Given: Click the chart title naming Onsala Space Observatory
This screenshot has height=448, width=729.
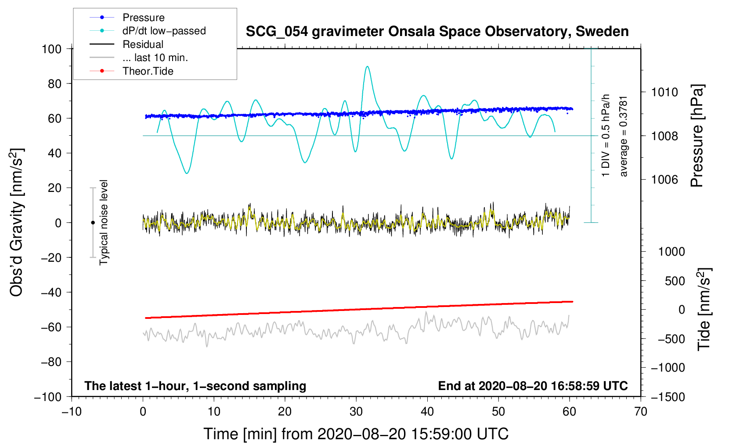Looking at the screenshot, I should pyautogui.click(x=437, y=32).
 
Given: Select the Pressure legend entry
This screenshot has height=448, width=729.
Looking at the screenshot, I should pyautogui.click(x=143, y=18).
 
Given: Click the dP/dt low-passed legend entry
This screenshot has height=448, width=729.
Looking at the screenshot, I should pyautogui.click(x=164, y=31).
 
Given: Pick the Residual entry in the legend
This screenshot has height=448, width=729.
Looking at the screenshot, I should pyautogui.click(x=143, y=44).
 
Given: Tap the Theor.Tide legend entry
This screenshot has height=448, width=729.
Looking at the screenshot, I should pyautogui.click(x=148, y=71).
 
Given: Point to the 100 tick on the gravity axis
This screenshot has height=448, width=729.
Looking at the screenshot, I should pyautogui.click(x=51, y=49).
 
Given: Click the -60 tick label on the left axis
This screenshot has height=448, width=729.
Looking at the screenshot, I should pyautogui.click(x=51, y=327).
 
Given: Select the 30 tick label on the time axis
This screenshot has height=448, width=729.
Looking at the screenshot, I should pyautogui.click(x=356, y=412).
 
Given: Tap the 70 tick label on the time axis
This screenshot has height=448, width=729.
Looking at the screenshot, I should pyautogui.click(x=641, y=412).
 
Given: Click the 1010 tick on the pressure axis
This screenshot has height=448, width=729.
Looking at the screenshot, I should pyautogui.click(x=664, y=92).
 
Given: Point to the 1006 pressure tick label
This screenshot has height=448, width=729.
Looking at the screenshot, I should pyautogui.click(x=664, y=179).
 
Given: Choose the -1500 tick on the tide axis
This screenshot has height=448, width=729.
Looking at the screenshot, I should pyautogui.click(x=668, y=397).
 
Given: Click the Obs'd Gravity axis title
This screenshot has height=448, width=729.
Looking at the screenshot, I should pyautogui.click(x=16, y=223).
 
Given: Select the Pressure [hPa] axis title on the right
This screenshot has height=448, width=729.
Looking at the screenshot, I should pyautogui.click(x=697, y=136).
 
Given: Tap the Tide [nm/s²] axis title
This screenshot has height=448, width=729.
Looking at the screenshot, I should pyautogui.click(x=704, y=309).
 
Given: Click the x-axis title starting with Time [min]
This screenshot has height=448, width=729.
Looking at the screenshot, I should pyautogui.click(x=356, y=434).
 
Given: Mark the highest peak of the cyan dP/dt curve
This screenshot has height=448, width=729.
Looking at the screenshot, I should pyautogui.click(x=367, y=66).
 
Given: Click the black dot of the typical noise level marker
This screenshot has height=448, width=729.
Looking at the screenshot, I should pyautogui.click(x=93, y=223).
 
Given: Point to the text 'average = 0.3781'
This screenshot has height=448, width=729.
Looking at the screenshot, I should pyautogui.click(x=624, y=136).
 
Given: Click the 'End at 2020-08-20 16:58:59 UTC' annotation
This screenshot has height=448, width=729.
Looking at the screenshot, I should pyautogui.click(x=533, y=386).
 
